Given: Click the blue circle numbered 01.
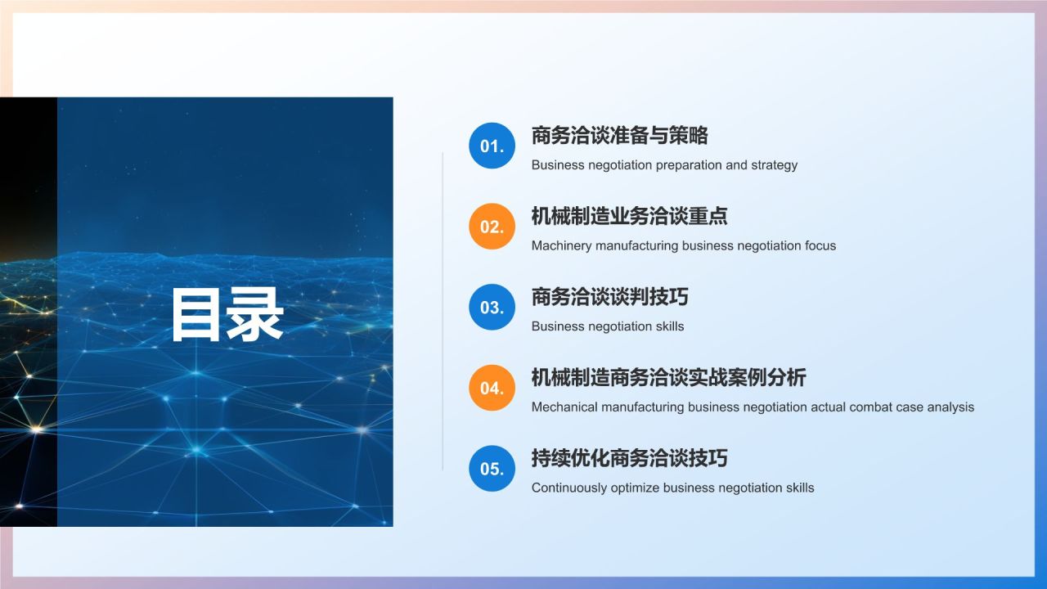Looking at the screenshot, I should click(x=492, y=146).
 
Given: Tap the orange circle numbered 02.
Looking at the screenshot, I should click(x=492, y=227).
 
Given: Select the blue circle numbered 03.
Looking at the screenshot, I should click(x=492, y=308).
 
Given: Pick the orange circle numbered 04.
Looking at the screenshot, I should click(x=492, y=388).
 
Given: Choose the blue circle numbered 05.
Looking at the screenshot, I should click(x=492, y=469).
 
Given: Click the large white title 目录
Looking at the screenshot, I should click(x=227, y=315).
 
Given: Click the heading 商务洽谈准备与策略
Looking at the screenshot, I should click(x=619, y=135).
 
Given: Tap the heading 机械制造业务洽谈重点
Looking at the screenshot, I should click(x=629, y=216).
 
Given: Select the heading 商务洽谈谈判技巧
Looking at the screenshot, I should click(x=609, y=297).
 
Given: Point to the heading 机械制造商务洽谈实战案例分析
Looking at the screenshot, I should click(x=668, y=377).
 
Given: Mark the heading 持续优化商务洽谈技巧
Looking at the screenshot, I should click(x=629, y=458).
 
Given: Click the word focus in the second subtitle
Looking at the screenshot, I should click(x=819, y=245).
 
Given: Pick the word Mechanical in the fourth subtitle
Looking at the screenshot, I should click(x=565, y=407).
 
